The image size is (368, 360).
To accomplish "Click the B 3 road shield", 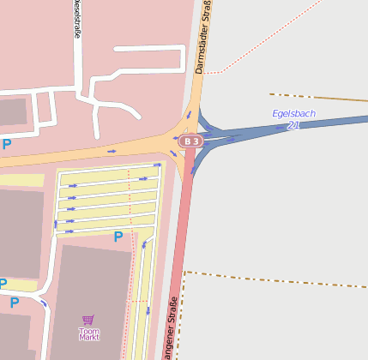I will click(x=191, y=141).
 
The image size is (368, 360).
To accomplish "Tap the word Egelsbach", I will click(x=293, y=113).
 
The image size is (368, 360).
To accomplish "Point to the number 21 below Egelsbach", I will click(x=293, y=125).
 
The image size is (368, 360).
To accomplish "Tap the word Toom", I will click(x=89, y=330).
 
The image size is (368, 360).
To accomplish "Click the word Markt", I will click(x=89, y=337).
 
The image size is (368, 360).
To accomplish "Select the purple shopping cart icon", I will click(x=88, y=319).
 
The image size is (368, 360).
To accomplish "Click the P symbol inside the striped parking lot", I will click(x=118, y=237).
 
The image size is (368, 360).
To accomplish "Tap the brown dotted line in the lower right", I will click(x=274, y=280).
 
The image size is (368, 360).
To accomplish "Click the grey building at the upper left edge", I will click(x=12, y=111).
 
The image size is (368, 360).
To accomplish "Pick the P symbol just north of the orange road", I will click(x=7, y=144).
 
